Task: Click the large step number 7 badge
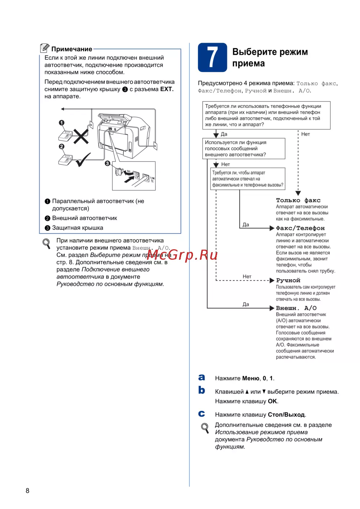pyautogui.click(x=212, y=57)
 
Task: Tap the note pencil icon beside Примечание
pyautogui.click(x=45, y=48)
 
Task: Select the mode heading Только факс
pyautogui.click(x=298, y=200)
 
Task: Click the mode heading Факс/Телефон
pyautogui.click(x=300, y=228)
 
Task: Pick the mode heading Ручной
pyautogui.click(x=288, y=280)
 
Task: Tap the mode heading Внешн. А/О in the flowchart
pyautogui.click(x=296, y=308)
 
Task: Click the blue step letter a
pyautogui.click(x=202, y=377)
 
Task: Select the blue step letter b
pyautogui.click(x=202, y=390)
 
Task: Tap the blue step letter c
pyautogui.click(x=202, y=414)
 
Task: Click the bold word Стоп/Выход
pyautogui.click(x=287, y=415)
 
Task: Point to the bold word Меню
pyautogui.click(x=251, y=378)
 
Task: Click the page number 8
pyautogui.click(x=27, y=491)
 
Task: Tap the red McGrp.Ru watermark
pyautogui.click(x=182, y=255)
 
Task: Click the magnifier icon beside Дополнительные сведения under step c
pyautogui.click(x=205, y=428)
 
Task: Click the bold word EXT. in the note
pyautogui.click(x=167, y=89)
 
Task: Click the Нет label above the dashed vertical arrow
pyautogui.click(x=305, y=134)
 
